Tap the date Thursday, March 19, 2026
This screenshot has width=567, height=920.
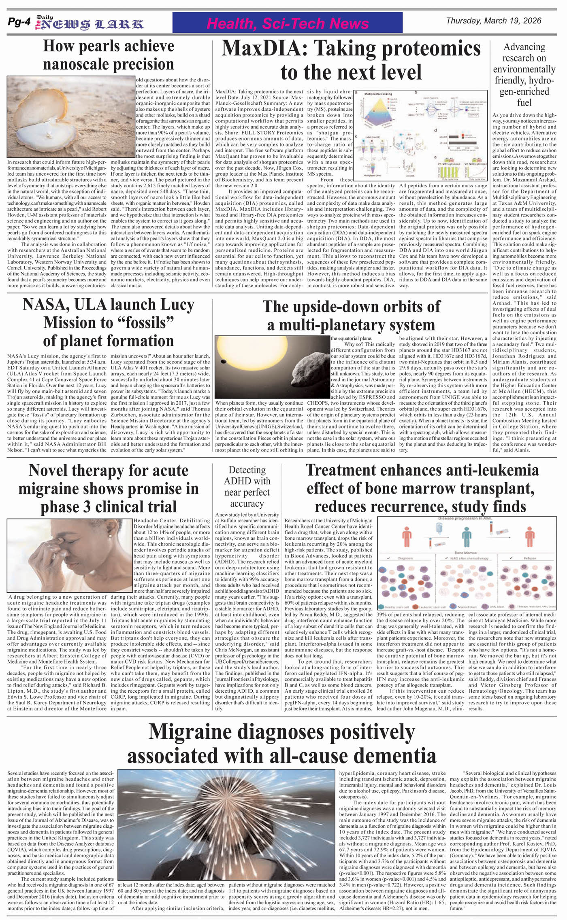pos(493,21)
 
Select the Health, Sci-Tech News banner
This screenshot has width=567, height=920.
pos(287,23)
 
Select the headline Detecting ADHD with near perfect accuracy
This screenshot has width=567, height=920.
pos(247,487)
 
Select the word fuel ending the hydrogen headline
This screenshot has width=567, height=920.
pos(524,103)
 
